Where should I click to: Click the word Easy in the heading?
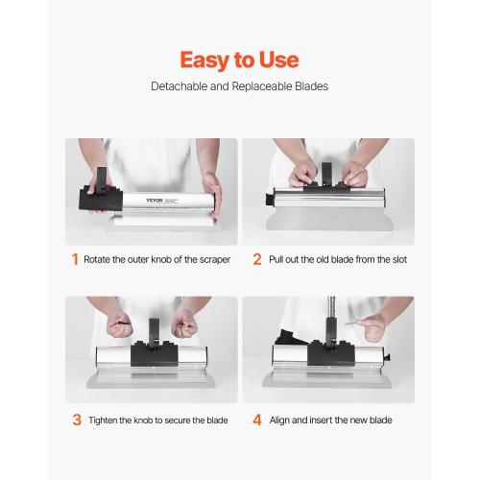204,60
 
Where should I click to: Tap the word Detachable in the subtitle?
178,86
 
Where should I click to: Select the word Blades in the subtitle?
309,86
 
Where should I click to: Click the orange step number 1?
75,259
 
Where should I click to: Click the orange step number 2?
256,259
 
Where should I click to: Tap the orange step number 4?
256,420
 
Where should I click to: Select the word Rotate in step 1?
99,259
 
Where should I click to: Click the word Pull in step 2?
277,259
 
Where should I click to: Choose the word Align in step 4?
279,420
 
